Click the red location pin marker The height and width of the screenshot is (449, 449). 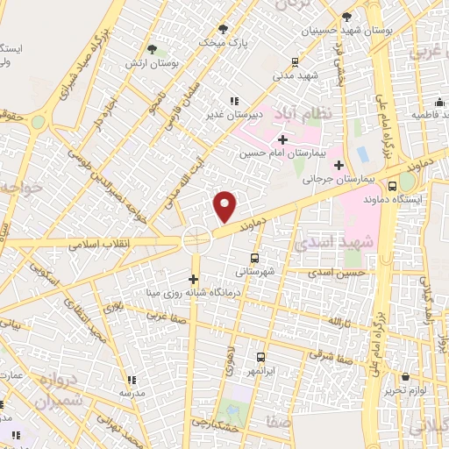[x=225, y=205]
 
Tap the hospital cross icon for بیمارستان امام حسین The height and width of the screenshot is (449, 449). [x=282, y=139]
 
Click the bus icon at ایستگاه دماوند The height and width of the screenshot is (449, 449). [x=393, y=186]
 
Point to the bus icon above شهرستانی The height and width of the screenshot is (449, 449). [x=254, y=258]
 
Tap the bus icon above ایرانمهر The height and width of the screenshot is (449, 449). [x=260, y=357]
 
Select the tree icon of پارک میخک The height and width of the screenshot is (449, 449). [x=222, y=28]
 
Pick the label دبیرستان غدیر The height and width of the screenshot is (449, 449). [x=232, y=113]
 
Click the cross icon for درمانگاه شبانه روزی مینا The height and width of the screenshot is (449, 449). [x=194, y=279]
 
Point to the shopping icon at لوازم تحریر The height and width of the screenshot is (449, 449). [x=408, y=375]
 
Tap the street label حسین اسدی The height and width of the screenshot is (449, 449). [x=338, y=274]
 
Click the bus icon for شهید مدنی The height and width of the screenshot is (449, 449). [x=295, y=61]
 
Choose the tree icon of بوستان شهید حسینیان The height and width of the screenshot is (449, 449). [x=348, y=17]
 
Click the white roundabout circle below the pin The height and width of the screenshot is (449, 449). [x=196, y=239]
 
